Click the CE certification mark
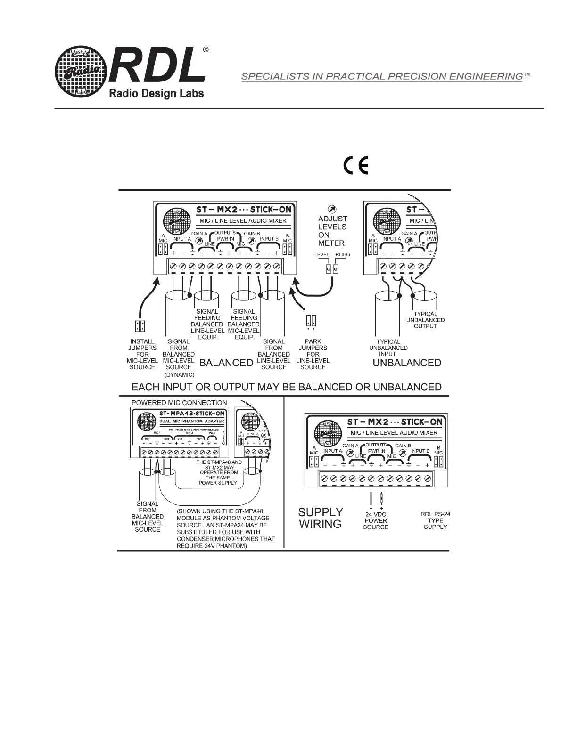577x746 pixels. click(355, 165)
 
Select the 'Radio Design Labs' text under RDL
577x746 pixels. click(157, 94)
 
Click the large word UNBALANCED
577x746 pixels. click(407, 363)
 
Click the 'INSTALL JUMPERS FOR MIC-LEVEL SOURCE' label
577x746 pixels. click(142, 354)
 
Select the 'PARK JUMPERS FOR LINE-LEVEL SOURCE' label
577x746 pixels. click(313, 354)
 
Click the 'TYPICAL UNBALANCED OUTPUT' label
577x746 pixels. click(425, 320)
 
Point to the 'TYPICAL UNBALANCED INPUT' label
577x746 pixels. click(388, 348)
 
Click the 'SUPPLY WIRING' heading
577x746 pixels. click(321, 518)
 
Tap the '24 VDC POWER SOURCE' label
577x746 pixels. click(376, 521)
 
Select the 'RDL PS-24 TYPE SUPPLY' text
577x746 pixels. click(435, 520)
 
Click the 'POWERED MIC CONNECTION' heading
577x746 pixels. click(179, 403)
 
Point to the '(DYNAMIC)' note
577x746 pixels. click(179, 375)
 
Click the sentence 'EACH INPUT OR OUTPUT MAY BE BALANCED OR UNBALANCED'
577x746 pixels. click(287, 387)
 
